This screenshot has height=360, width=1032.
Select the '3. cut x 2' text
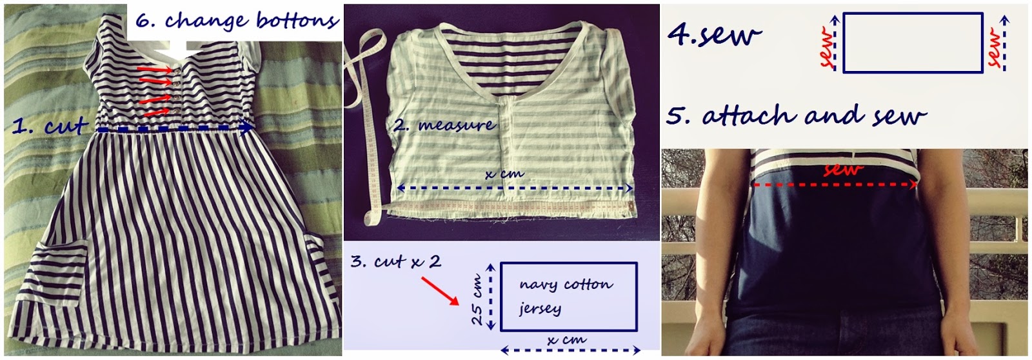pyautogui.click(x=396, y=261)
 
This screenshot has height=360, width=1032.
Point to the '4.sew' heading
pyautogui.click(x=714, y=35)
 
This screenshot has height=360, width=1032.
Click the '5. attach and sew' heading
pyautogui.click(x=796, y=115)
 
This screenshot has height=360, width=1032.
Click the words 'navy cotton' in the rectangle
pyautogui.click(x=566, y=284)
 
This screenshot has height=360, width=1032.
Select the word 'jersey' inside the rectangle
pyautogui.click(x=540, y=308)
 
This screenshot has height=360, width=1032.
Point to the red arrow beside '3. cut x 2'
pyautogui.click(x=440, y=291)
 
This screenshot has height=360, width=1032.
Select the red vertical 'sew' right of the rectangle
pyautogui.click(x=995, y=48)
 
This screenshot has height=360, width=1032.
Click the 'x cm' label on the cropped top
pyautogui.click(x=504, y=174)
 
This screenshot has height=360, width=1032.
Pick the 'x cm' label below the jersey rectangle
pyautogui.click(x=566, y=340)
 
